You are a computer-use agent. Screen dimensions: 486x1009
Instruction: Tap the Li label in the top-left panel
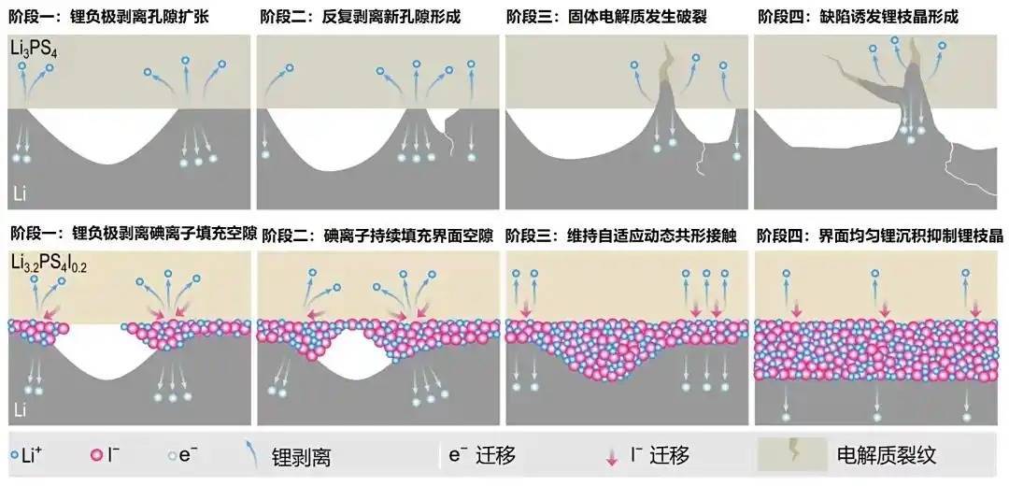click(21, 193)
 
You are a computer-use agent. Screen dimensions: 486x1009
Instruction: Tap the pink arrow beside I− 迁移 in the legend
click(612, 456)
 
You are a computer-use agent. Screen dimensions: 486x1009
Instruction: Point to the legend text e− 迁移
click(482, 456)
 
